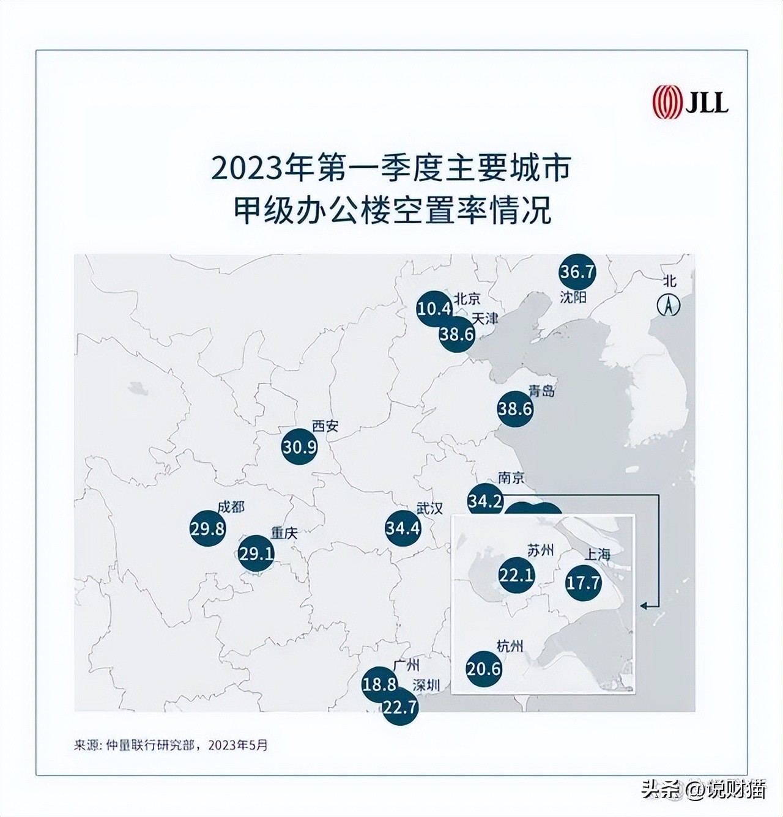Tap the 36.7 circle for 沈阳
(577, 272)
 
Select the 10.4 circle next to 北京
(434, 308)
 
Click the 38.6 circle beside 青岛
(515, 408)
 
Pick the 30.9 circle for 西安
(299, 447)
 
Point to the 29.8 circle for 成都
(207, 528)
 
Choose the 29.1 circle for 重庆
(256, 554)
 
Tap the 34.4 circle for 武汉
(403, 527)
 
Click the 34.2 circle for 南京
(485, 501)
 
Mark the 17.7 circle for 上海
(583, 582)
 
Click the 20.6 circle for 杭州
(484, 669)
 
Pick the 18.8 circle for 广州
(379, 684)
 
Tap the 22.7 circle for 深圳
(400, 708)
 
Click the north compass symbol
(669, 305)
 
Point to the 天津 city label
(486, 319)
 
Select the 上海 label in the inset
(598, 555)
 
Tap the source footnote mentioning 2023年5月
(171, 745)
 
